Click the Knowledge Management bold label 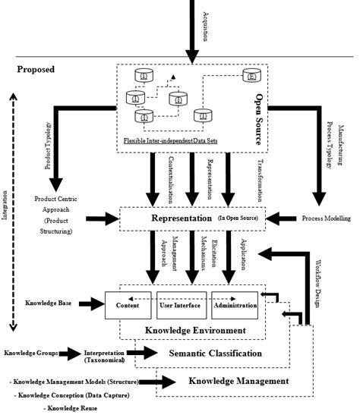[x=238, y=380]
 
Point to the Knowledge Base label [x=47, y=303]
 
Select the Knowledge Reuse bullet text [x=68, y=408]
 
